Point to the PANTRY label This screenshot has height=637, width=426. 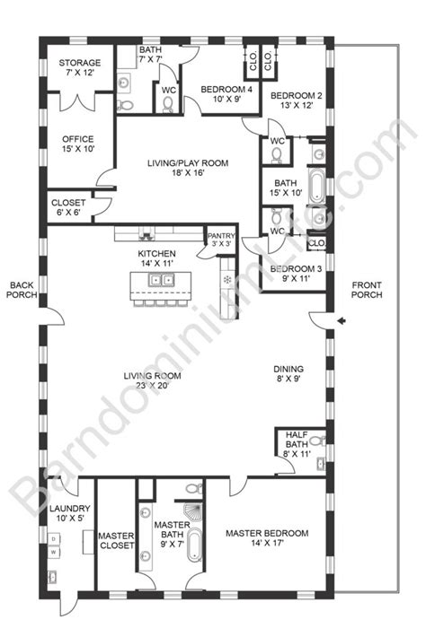[x=220, y=237]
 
